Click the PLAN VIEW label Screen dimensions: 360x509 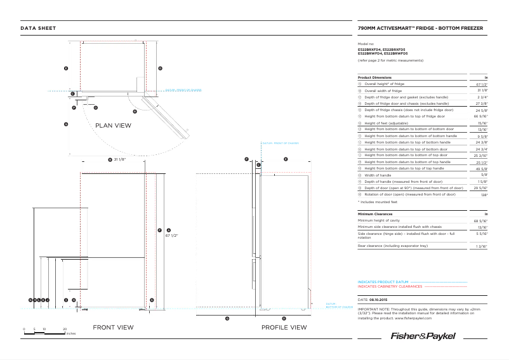pos(113,126)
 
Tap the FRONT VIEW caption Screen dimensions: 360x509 pos(113,328)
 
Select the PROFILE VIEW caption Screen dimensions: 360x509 pos(284,328)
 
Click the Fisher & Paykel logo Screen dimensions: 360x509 pos(423,335)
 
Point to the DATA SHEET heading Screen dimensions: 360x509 pos(38,29)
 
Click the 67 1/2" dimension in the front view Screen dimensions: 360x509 pos(171,235)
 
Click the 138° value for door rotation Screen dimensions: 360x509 pos(484,195)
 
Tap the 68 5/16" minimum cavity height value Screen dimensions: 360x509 pos(480,221)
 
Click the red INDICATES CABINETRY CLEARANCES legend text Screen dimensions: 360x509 pos(390,286)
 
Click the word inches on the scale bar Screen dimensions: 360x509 pos(70,333)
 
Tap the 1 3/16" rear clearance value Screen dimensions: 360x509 pos(481,246)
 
